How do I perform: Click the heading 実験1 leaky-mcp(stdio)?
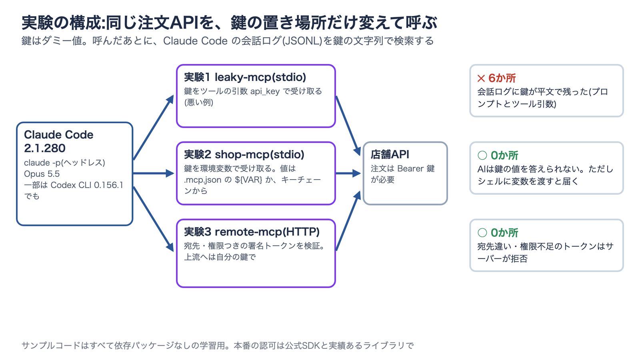pyautogui.click(x=245, y=77)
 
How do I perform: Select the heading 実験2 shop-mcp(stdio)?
pyautogui.click(x=244, y=154)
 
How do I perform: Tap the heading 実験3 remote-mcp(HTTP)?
pyautogui.click(x=252, y=232)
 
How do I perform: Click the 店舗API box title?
pyautogui.click(x=390, y=154)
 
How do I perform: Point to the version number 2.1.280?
pyautogui.click(x=45, y=148)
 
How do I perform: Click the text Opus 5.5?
pyautogui.click(x=42, y=174)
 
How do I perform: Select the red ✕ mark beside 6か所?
pyautogui.click(x=481, y=78)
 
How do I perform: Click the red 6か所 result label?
pyautogui.click(x=502, y=78)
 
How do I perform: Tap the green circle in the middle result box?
pyautogui.click(x=482, y=156)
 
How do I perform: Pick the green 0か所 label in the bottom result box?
pyautogui.click(x=504, y=233)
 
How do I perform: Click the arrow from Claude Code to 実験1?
pyautogui.click(x=154, y=128)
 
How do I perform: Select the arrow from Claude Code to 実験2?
pyautogui.click(x=154, y=173)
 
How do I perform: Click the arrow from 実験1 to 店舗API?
pyautogui.click(x=348, y=126)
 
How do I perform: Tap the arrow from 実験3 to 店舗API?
pyautogui.click(x=348, y=221)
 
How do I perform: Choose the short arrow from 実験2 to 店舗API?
pyautogui.click(x=348, y=173)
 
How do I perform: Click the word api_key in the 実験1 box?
pyautogui.click(x=265, y=92)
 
